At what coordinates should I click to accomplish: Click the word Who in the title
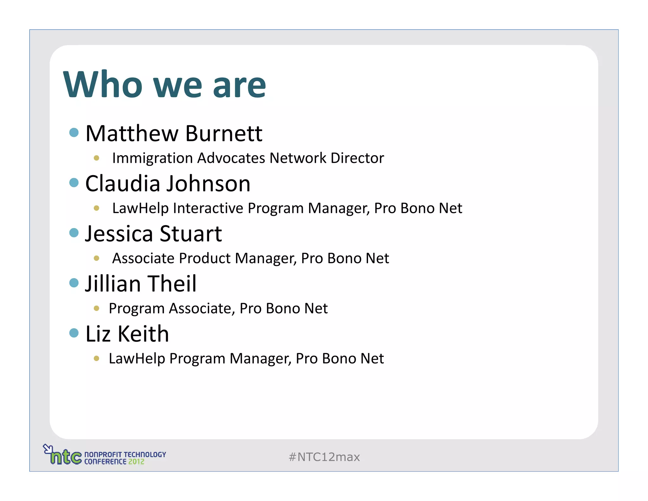[103, 85]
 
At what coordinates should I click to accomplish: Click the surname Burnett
[224, 133]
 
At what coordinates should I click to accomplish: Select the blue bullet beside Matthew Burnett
[74, 132]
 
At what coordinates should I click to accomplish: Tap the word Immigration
[153, 158]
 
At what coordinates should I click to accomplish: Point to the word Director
[357, 158]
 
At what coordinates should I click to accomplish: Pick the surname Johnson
[209, 184]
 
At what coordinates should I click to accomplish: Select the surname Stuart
[191, 234]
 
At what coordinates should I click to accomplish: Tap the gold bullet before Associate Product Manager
[97, 258]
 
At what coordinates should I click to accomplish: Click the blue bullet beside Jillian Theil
[74, 282]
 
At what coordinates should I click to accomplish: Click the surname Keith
[143, 334]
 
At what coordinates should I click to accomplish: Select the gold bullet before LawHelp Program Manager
[97, 358]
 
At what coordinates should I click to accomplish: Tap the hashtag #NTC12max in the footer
[324, 457]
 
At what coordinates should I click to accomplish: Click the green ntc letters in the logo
[66, 457]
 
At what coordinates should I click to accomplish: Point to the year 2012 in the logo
[136, 462]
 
